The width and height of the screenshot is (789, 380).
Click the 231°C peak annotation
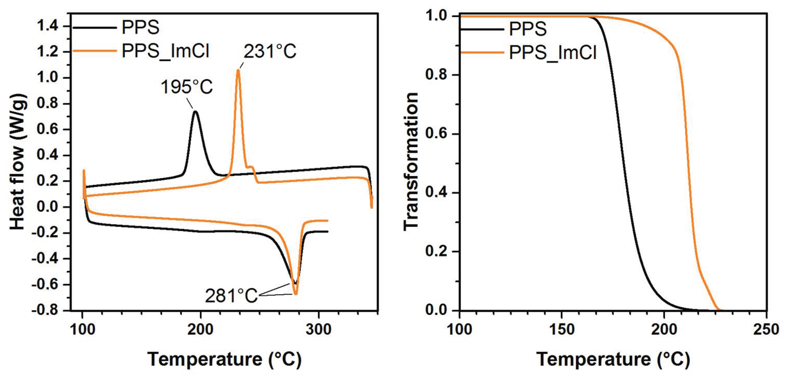coord(269,51)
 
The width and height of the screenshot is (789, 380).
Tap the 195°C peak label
coord(186,87)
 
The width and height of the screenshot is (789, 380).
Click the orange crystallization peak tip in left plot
coord(238,71)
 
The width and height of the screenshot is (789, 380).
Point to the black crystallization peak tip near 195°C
coord(195,112)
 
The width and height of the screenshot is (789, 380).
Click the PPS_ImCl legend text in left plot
coord(165,51)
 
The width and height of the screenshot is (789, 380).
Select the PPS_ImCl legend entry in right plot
coord(552,52)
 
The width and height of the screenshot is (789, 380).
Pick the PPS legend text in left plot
coord(140,28)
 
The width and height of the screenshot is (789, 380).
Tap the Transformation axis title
coord(410,162)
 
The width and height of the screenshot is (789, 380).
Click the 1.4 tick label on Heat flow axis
coord(48,26)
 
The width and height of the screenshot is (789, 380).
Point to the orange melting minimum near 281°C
coord(296,294)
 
